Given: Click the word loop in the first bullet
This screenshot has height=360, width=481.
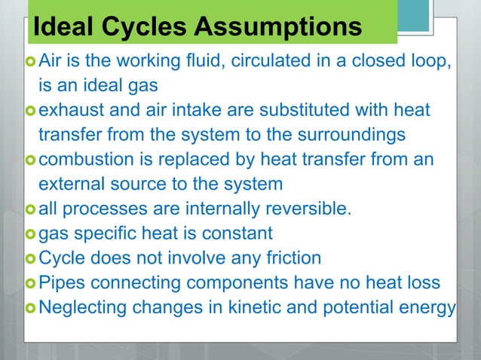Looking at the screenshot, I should [432, 59].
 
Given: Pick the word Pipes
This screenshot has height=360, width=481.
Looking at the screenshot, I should [60, 283].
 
